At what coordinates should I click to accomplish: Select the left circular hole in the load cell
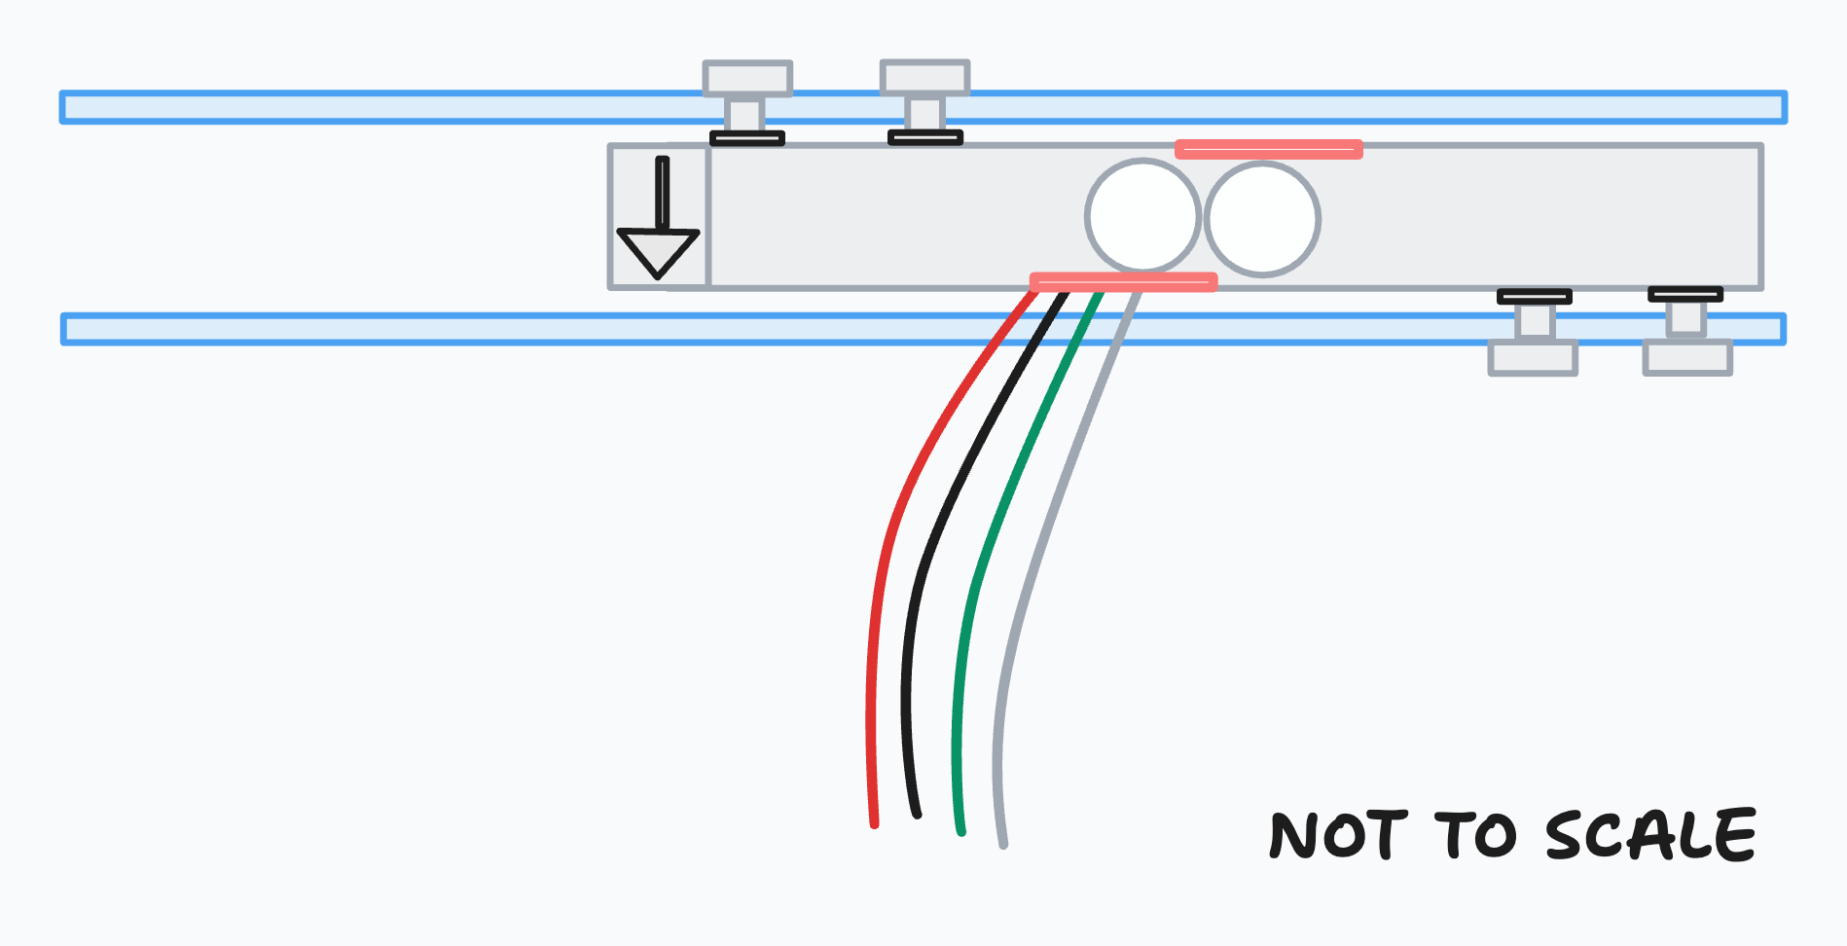[x=1142, y=216]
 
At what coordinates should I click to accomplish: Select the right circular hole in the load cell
[x=1262, y=219]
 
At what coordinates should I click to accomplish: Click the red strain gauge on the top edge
[x=1268, y=149]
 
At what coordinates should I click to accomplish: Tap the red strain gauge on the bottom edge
[x=1123, y=282]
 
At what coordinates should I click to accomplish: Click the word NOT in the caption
[x=1338, y=835]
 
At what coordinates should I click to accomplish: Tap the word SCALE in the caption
[x=1650, y=835]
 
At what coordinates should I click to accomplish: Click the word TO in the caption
[x=1475, y=835]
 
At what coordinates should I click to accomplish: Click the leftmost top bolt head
[x=747, y=78]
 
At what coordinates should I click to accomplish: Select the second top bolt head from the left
[x=924, y=77]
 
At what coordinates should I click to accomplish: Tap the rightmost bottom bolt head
[x=1687, y=357]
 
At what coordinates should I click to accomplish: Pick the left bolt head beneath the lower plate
[x=1533, y=358]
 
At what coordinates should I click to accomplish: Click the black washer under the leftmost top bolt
[x=747, y=138]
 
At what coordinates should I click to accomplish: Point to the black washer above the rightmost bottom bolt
[x=1685, y=294]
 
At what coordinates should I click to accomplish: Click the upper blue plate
[x=389, y=107]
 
